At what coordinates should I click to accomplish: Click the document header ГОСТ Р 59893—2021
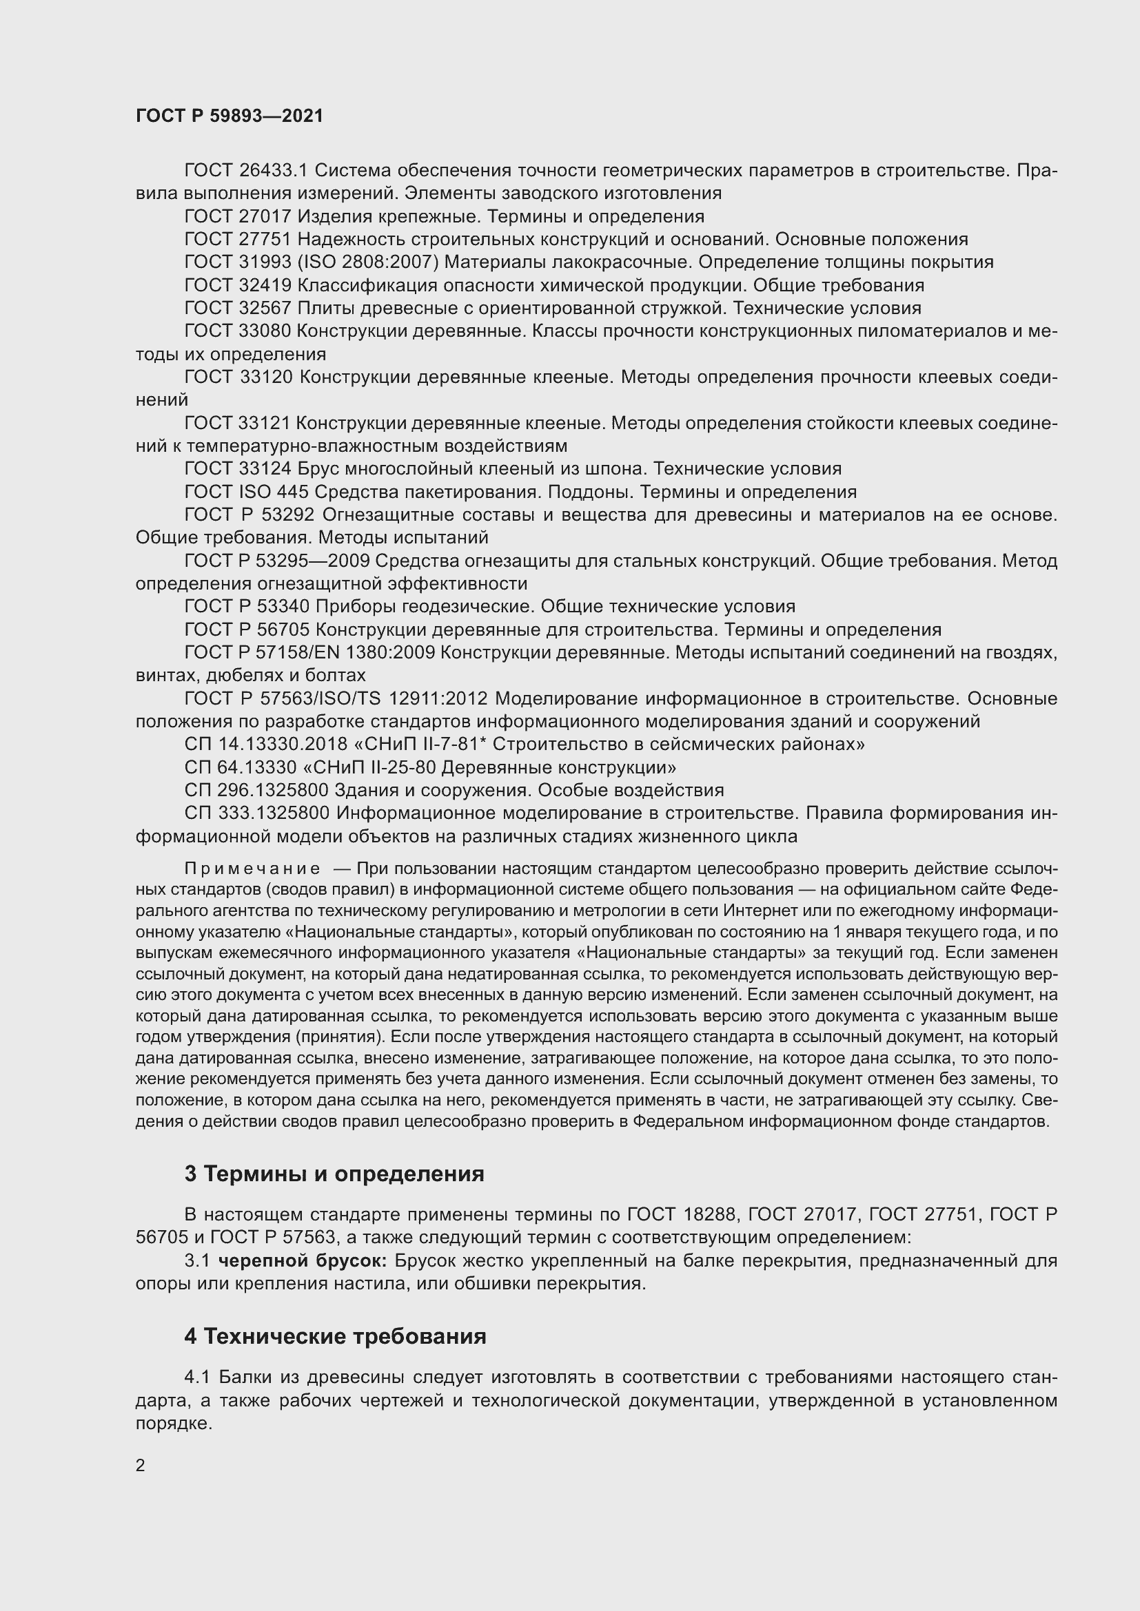pyautogui.click(x=230, y=116)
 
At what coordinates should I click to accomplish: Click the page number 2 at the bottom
pyautogui.click(x=141, y=1465)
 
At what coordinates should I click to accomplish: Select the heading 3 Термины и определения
pyautogui.click(x=334, y=1174)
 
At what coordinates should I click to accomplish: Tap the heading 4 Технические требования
pyautogui.click(x=335, y=1336)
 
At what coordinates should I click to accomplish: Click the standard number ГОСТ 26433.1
pyautogui.click(x=246, y=171)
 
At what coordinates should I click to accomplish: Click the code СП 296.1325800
pyautogui.click(x=256, y=790)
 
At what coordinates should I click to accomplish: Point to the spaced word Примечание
pyautogui.click(x=252, y=869)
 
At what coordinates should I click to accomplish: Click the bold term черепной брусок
pyautogui.click(x=303, y=1261)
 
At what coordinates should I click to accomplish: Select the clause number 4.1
pyautogui.click(x=198, y=1378)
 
